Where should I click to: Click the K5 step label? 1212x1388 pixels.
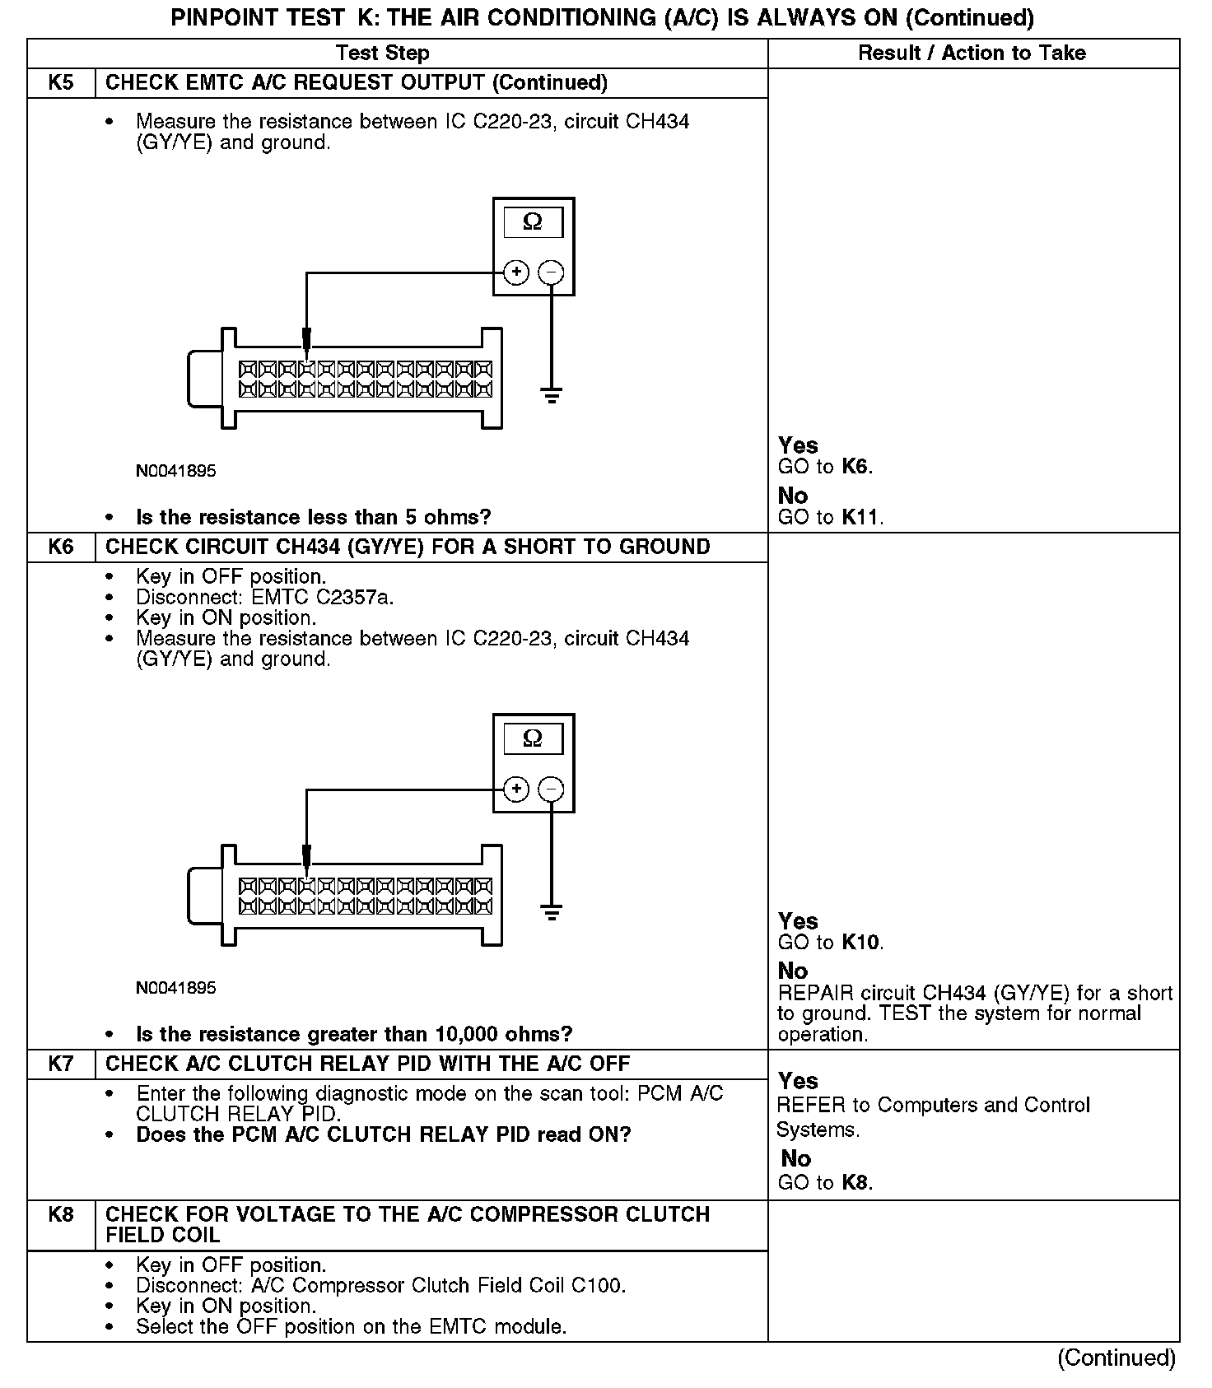[x=61, y=83]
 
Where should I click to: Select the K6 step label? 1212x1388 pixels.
[x=61, y=547]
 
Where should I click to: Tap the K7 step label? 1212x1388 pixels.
[x=61, y=1064]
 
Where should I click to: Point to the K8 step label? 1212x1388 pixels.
[x=61, y=1215]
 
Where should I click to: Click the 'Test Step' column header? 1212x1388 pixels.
[x=383, y=54]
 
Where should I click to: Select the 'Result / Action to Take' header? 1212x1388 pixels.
[x=972, y=54]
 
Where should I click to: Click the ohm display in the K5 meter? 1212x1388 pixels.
[x=533, y=222]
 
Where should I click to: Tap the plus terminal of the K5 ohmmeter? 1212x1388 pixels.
[x=516, y=272]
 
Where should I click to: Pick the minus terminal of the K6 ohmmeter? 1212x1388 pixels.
[x=551, y=789]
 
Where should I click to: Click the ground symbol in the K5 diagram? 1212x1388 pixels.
[x=552, y=395]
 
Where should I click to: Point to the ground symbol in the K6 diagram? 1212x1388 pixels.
[x=552, y=912]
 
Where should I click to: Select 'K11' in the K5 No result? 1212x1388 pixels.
[x=860, y=518]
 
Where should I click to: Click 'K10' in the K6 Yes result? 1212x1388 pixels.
[x=861, y=943]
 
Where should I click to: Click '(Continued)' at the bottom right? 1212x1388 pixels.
[x=1116, y=1358]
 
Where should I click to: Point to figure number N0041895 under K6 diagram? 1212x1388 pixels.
[x=176, y=988]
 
